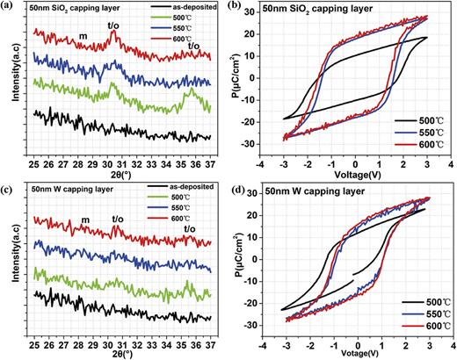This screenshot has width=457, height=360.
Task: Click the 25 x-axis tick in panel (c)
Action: click(33, 337)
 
